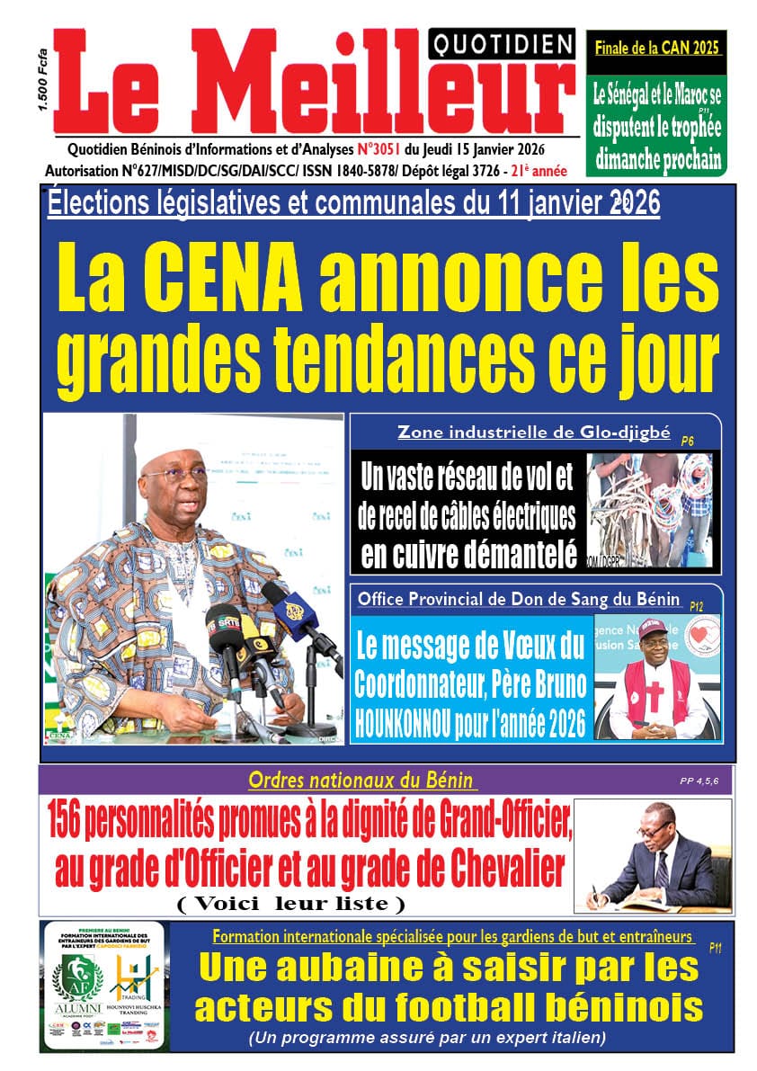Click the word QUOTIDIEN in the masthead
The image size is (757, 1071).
click(502, 42)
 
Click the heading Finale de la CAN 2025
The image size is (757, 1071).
click(657, 49)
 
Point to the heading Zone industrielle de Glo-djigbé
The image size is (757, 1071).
click(534, 433)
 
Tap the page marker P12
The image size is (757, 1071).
click(697, 607)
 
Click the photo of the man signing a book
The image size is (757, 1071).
click(653, 855)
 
